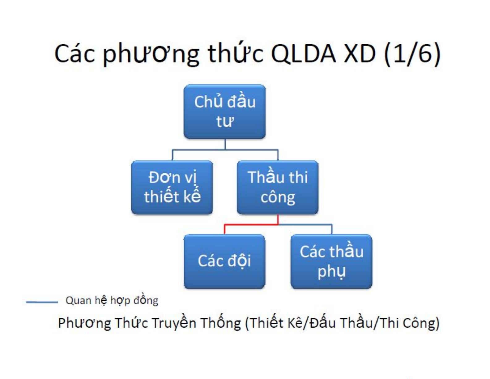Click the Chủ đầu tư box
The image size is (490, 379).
point(224,112)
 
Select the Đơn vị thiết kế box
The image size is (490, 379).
point(172,187)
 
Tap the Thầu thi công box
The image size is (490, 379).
point(278,187)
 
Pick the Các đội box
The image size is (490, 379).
point(224,261)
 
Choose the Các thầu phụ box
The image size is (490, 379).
point(331,261)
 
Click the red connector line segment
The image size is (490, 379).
point(251,225)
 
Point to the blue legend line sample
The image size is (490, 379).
point(42,302)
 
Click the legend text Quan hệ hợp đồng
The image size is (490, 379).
point(112,301)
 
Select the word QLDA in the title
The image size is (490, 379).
point(304,54)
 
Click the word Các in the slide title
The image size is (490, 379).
point(75,54)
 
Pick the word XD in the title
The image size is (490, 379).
point(360,54)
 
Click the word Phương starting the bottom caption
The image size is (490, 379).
point(85,324)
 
